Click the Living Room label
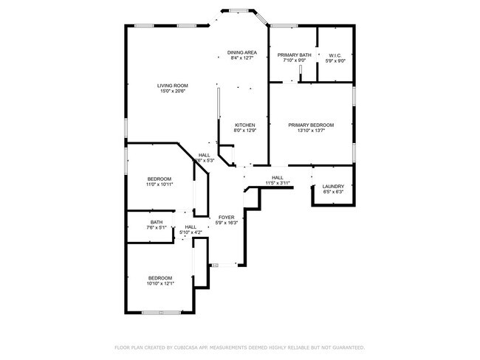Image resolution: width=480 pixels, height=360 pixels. (x=171, y=86)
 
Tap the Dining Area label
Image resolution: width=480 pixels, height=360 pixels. (x=241, y=52)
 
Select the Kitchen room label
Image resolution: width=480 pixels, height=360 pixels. (x=245, y=125)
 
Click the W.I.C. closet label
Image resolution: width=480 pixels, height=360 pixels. (x=335, y=55)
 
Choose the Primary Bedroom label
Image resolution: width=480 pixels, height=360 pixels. (x=311, y=125)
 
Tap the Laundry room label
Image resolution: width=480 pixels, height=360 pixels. (x=333, y=186)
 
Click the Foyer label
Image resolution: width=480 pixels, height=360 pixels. (x=226, y=217)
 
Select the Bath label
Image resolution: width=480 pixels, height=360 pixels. (x=157, y=222)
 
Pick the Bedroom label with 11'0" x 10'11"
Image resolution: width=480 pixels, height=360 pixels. (x=160, y=179)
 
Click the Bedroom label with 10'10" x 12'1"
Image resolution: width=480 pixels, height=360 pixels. (x=160, y=277)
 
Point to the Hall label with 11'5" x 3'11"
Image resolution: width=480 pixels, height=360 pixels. (x=278, y=178)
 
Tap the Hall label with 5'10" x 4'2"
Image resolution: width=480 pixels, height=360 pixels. (x=191, y=227)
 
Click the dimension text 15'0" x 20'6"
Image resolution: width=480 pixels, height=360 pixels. (x=171, y=91)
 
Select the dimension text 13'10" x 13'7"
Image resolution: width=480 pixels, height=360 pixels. (x=311, y=131)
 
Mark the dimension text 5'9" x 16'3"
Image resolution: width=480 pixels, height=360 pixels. (x=226, y=223)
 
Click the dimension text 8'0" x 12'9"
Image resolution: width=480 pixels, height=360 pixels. (x=245, y=131)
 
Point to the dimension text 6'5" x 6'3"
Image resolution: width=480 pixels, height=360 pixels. (x=333, y=192)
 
